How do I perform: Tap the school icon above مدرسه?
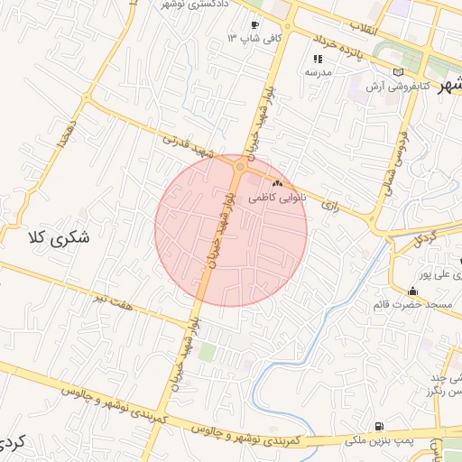(x=318, y=59)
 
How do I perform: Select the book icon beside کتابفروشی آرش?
(x=398, y=72)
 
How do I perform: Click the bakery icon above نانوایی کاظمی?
(x=276, y=184)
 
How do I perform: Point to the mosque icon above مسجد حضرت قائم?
(x=413, y=291)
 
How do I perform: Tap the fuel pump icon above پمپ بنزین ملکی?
(x=377, y=426)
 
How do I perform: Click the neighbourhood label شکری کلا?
(x=60, y=239)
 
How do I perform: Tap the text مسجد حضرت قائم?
(x=412, y=306)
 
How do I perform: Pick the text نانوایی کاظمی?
(x=279, y=196)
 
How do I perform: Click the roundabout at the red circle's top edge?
(x=240, y=167)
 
